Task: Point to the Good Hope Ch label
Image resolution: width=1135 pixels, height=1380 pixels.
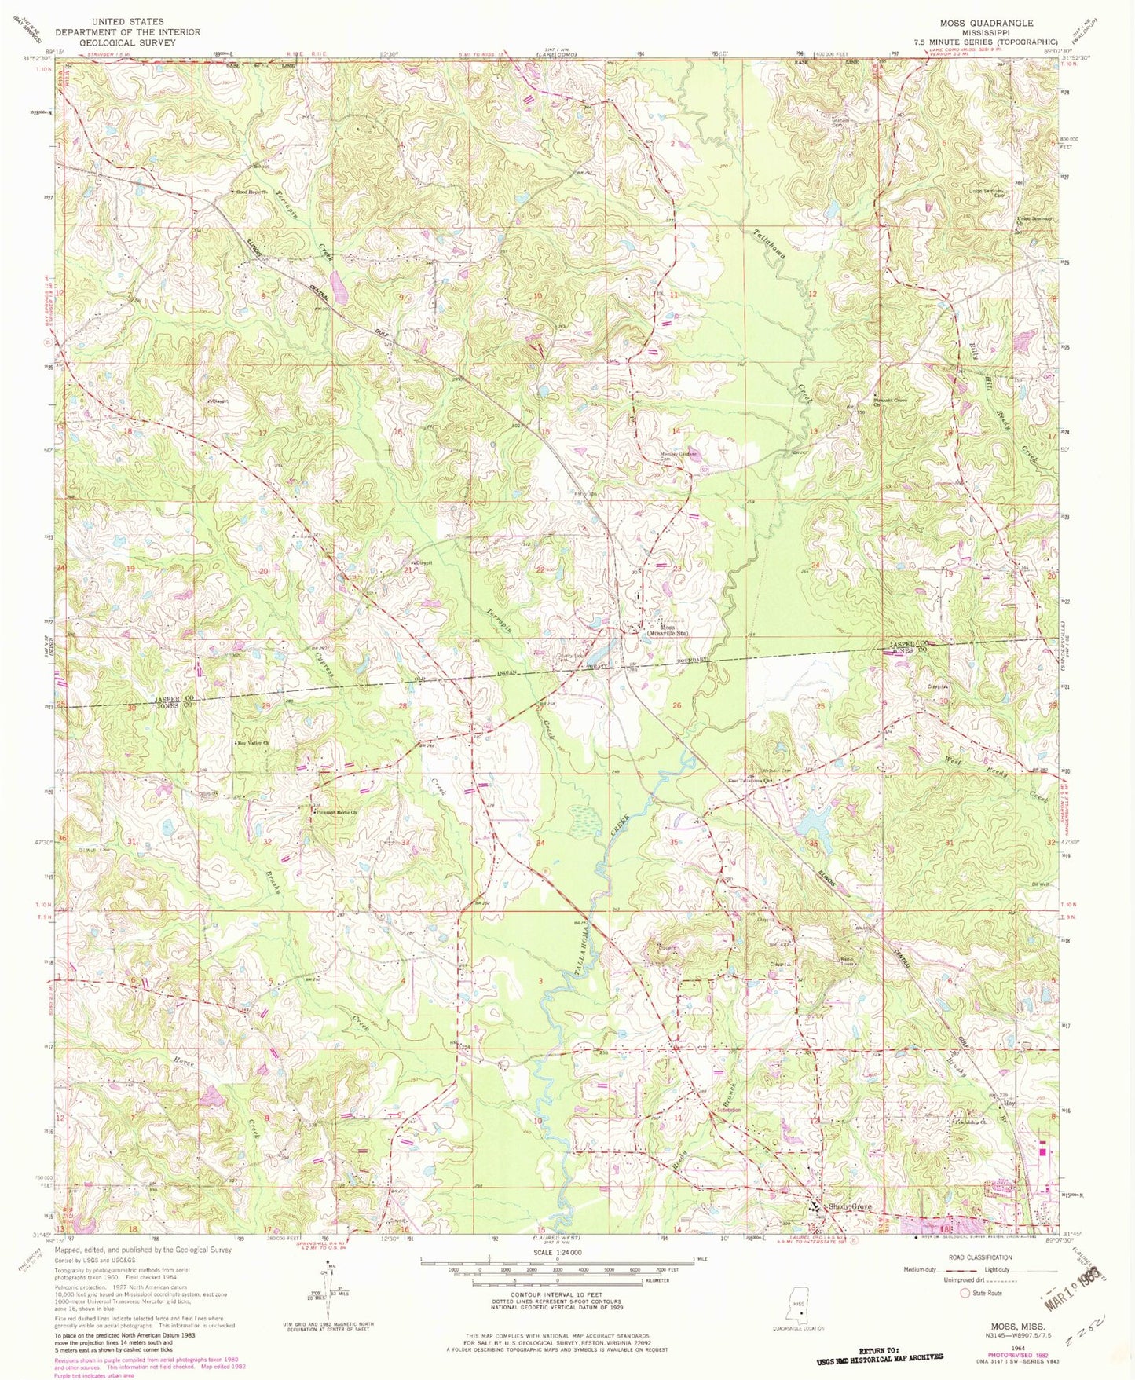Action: pyautogui.click(x=250, y=192)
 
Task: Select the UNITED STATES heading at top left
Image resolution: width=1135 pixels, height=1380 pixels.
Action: pyautogui.click(x=127, y=22)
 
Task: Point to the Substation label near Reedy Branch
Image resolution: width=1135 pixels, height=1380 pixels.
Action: pyautogui.click(x=727, y=1111)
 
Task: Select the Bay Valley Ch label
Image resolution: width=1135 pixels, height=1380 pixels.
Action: pyautogui.click(x=254, y=742)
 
